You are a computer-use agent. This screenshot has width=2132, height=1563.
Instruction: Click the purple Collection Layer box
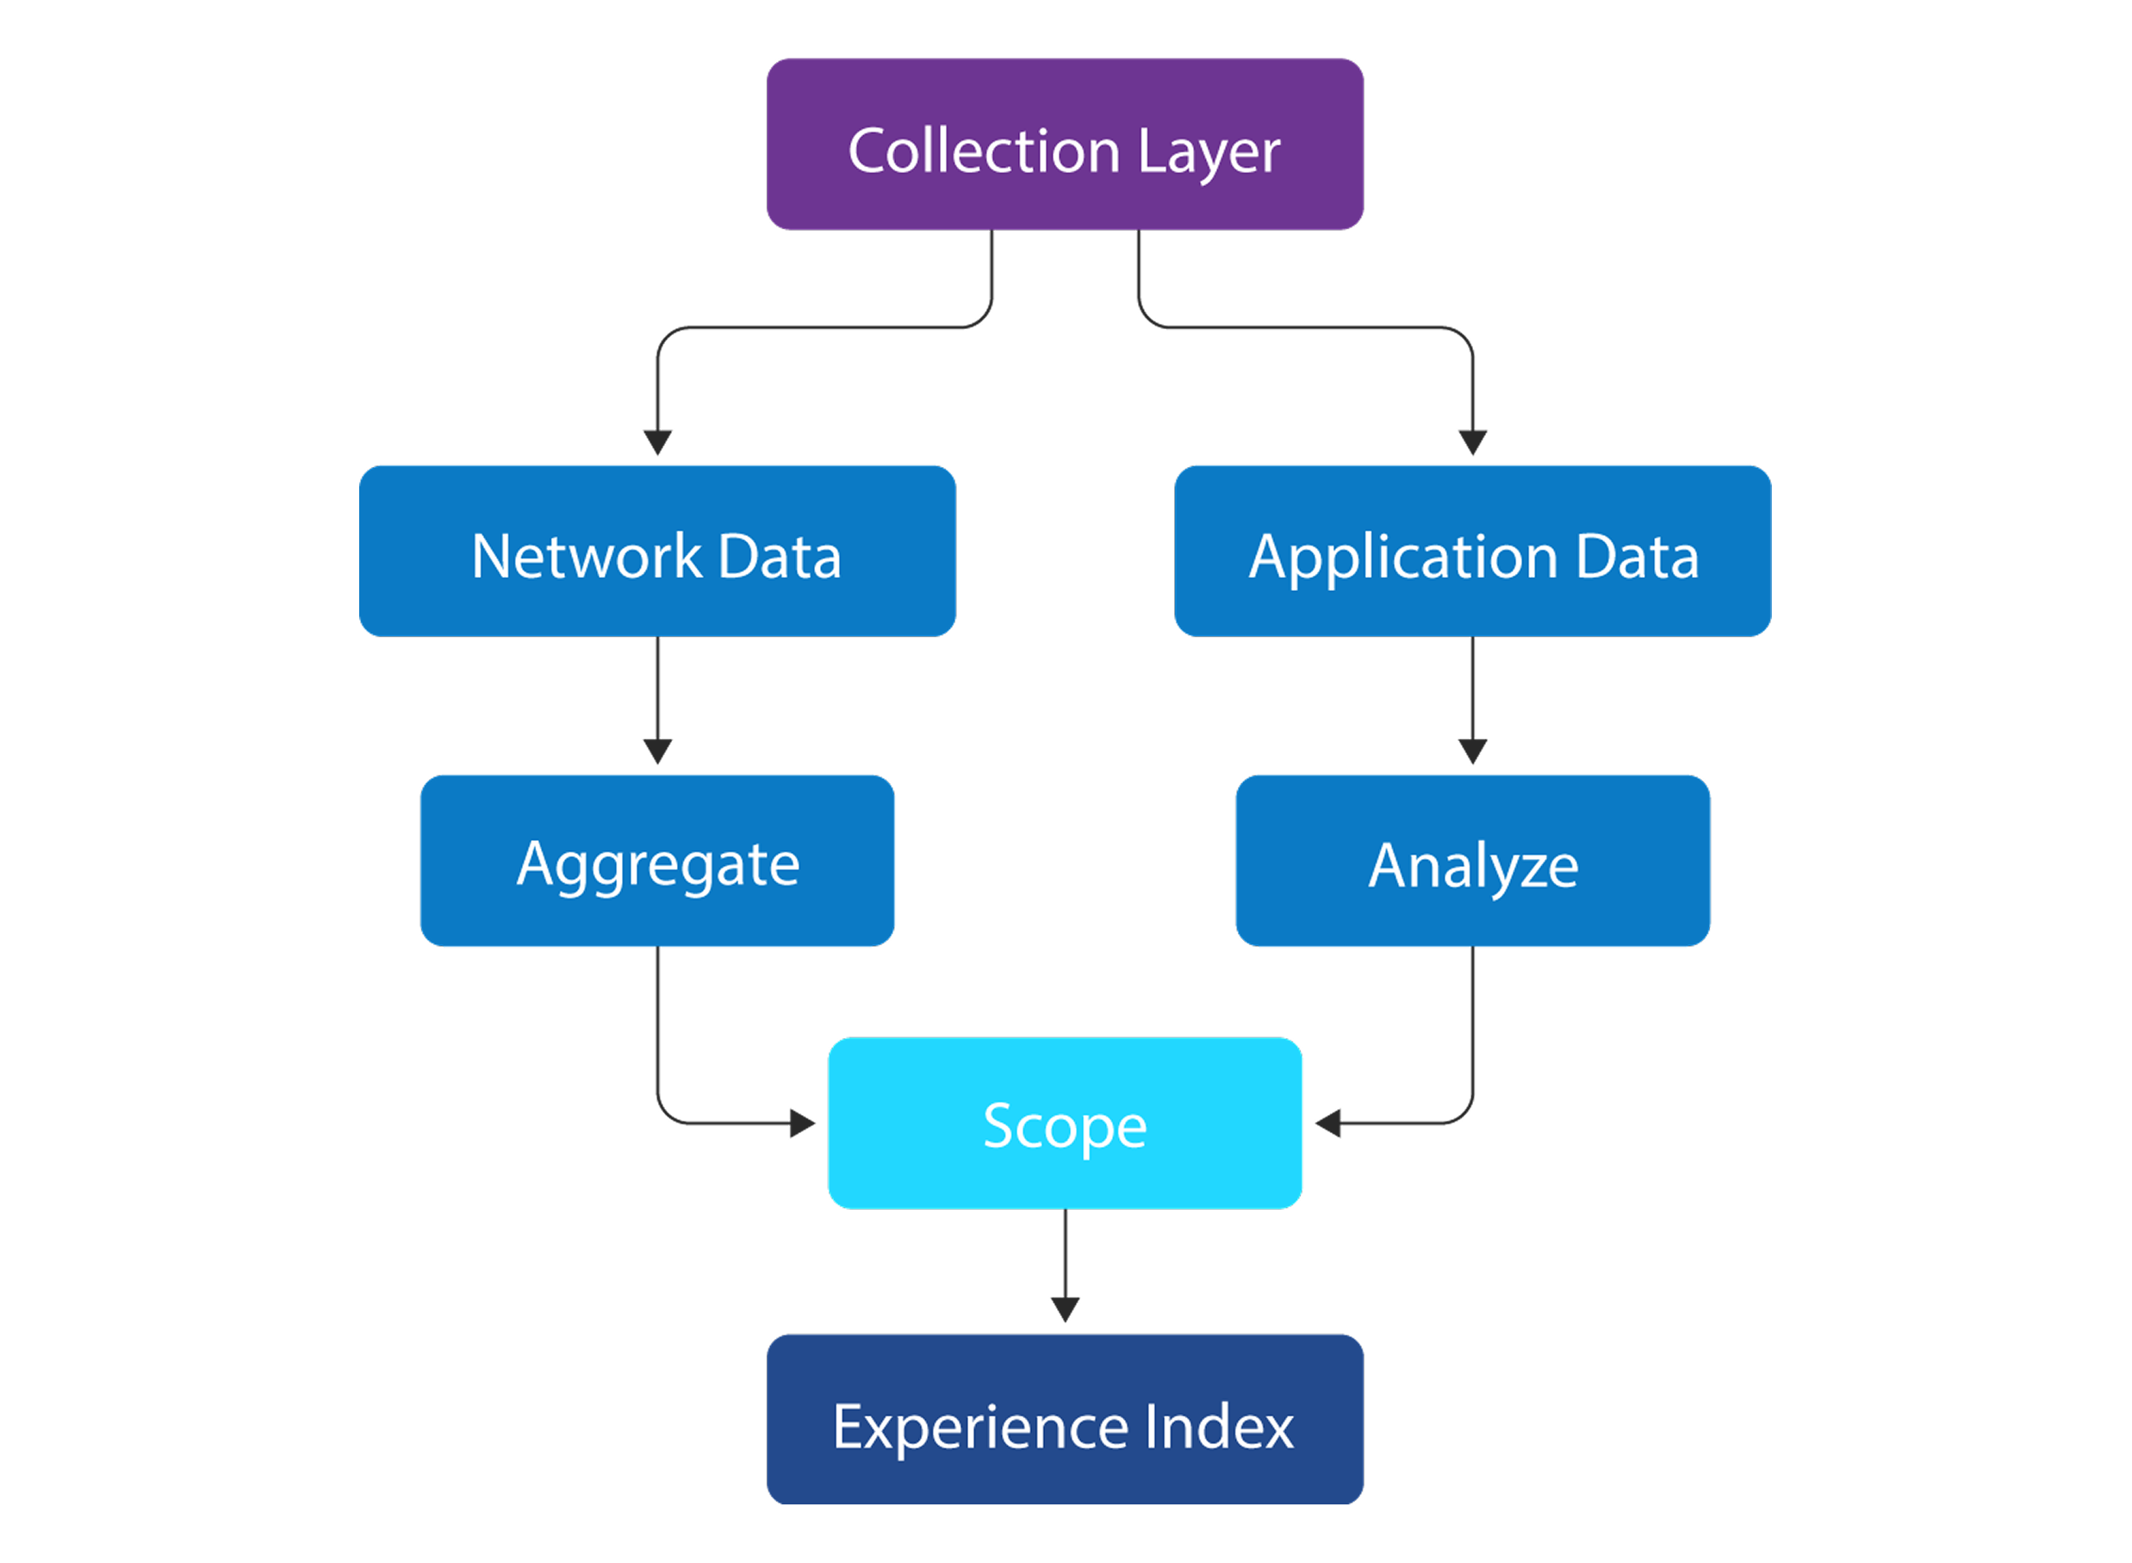[1065, 144]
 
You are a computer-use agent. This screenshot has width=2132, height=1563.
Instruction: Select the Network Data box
[657, 551]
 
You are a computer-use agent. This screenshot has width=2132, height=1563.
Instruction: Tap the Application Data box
[1473, 551]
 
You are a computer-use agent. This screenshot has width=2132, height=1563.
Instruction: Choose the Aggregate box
[657, 860]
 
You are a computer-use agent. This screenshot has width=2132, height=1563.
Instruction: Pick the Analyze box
[1473, 860]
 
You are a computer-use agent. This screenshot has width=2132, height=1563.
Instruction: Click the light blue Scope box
[1065, 1123]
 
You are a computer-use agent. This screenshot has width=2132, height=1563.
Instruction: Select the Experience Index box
[1065, 1419]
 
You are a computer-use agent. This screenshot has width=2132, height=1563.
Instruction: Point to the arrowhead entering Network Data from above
[657, 442]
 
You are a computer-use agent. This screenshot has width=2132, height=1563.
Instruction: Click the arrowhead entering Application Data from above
[1473, 442]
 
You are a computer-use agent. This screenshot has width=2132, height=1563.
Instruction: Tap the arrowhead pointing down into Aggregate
[657, 751]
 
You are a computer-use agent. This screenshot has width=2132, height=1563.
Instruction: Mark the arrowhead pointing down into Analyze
[1473, 751]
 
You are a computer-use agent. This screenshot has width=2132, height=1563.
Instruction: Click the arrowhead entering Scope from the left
[803, 1123]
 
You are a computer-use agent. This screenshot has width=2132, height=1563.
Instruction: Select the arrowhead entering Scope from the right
[1328, 1123]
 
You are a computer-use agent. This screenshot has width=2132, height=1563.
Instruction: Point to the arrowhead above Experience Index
[1065, 1310]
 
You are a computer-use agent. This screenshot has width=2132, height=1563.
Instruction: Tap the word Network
[587, 557]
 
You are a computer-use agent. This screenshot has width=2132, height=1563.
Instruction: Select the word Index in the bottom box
[1218, 1426]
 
